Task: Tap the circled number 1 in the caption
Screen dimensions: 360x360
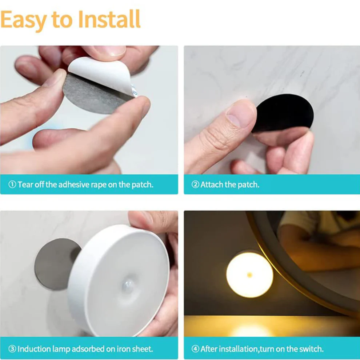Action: tap(12, 185)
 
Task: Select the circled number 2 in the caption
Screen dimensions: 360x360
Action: tap(196, 185)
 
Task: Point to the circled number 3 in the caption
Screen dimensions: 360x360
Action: tap(12, 349)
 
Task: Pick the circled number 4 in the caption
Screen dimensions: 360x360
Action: tap(196, 349)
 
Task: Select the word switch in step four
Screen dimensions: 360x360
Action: tap(312, 349)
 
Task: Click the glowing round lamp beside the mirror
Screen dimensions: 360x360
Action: tap(249, 274)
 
